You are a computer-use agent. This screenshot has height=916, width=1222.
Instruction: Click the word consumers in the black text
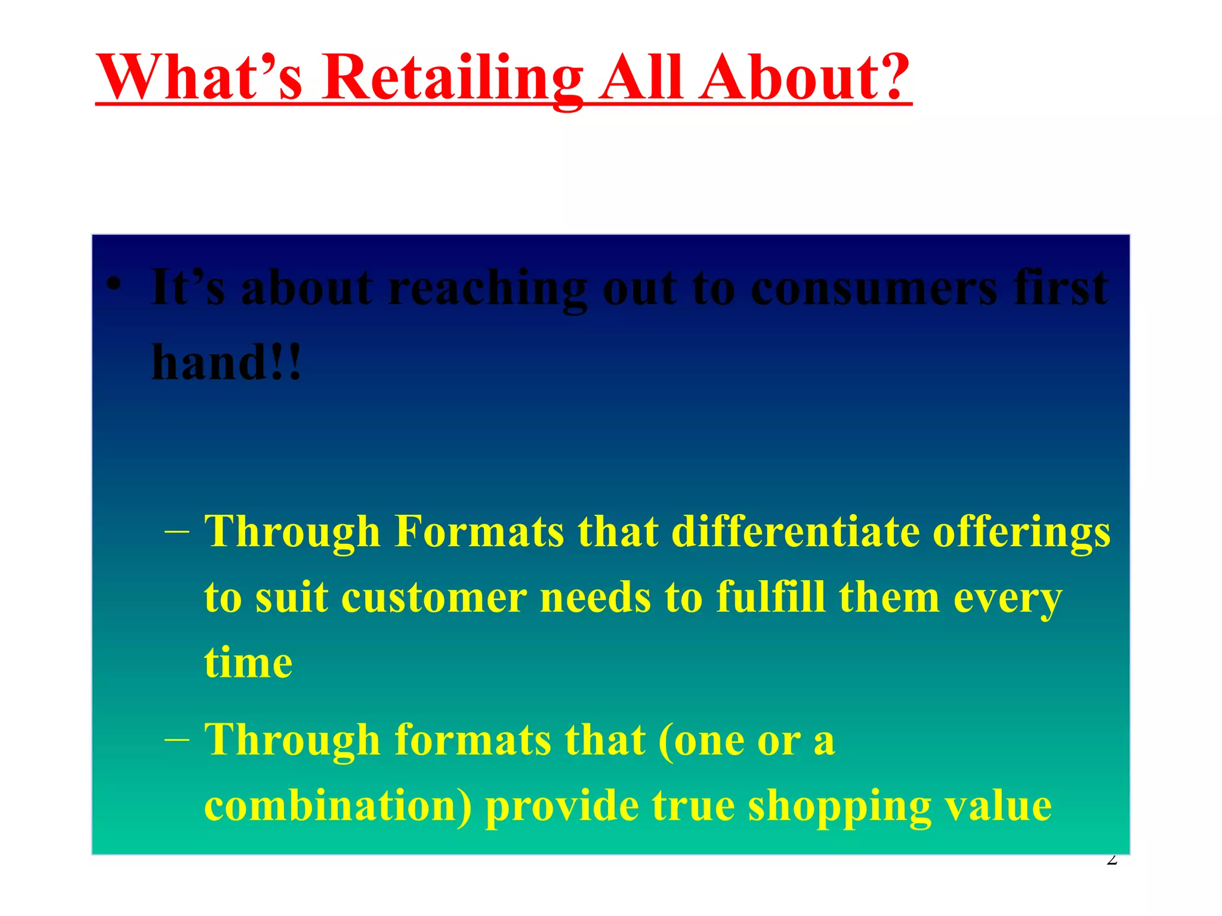coord(874,289)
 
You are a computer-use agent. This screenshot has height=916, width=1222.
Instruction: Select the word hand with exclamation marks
coord(227,363)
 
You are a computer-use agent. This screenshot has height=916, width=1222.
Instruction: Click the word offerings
coord(1021,532)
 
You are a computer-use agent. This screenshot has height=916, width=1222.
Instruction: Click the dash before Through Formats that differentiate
coord(177,531)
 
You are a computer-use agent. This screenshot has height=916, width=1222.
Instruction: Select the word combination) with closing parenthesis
coord(338,806)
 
